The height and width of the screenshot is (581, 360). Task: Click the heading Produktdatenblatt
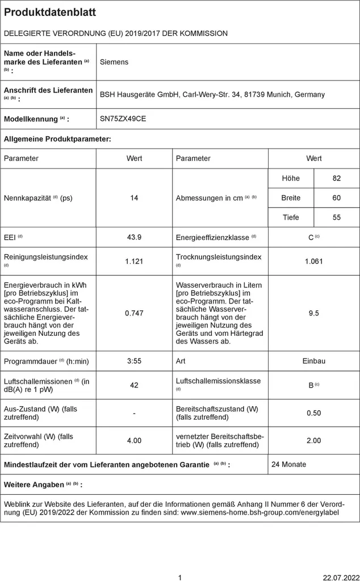pyautogui.click(x=50, y=12)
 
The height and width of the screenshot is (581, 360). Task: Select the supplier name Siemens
pyautogui.click(x=114, y=62)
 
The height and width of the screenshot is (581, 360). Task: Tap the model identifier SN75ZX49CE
pyautogui.click(x=122, y=119)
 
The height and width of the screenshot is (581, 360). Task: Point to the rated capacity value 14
pyautogui.click(x=134, y=198)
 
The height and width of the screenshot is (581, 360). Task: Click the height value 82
pyautogui.click(x=337, y=178)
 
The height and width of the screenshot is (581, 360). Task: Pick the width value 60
pyautogui.click(x=337, y=198)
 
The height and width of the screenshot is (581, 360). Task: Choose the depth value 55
pyautogui.click(x=337, y=217)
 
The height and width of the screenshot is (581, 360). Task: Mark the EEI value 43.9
pyautogui.click(x=134, y=237)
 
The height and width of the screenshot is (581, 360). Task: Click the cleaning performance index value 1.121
pyautogui.click(x=134, y=261)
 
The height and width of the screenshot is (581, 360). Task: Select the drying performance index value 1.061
pyautogui.click(x=313, y=261)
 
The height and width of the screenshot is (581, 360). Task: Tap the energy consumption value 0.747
pyautogui.click(x=134, y=313)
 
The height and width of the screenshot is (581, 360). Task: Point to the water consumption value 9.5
pyautogui.click(x=313, y=313)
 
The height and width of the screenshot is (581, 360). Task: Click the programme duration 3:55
pyautogui.click(x=134, y=361)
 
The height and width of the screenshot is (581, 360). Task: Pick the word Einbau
pyautogui.click(x=313, y=361)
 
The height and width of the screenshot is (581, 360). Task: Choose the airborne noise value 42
pyautogui.click(x=134, y=385)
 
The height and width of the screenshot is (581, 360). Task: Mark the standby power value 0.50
pyautogui.click(x=313, y=413)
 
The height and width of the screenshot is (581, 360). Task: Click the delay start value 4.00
pyautogui.click(x=134, y=440)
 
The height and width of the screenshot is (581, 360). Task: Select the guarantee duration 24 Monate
pyautogui.click(x=288, y=464)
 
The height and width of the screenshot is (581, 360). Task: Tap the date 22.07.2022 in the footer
pyautogui.click(x=339, y=578)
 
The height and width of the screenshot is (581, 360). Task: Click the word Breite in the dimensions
pyautogui.click(x=291, y=198)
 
